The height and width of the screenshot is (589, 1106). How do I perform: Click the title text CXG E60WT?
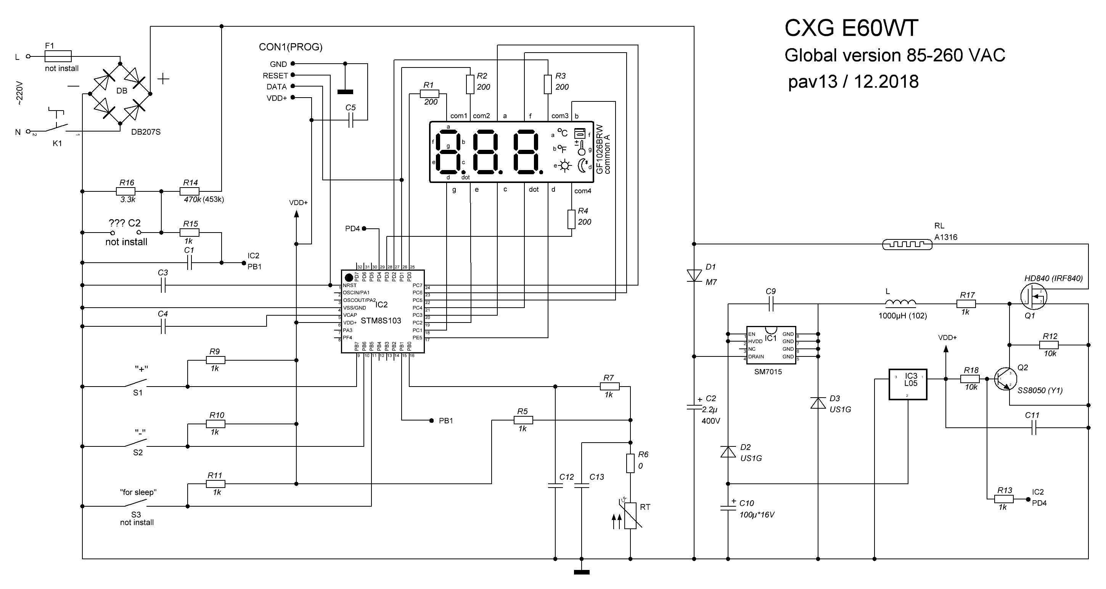tap(851, 29)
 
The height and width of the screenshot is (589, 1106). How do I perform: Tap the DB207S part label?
tap(146, 132)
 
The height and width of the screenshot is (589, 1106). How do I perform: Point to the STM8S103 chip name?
tap(381, 321)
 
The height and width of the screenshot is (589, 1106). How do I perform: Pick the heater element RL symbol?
tap(907, 245)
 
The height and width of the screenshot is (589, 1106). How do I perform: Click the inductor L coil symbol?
tap(901, 303)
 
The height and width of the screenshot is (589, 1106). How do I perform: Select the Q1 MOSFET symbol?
tap(1034, 296)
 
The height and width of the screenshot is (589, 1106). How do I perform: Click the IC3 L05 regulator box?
tap(908, 384)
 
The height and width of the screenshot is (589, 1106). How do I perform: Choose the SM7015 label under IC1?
tap(768, 372)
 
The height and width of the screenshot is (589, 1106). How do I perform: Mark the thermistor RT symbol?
tap(630, 515)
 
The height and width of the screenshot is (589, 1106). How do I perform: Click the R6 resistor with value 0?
tap(630, 463)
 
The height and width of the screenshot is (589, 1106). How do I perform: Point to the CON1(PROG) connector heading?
tap(291, 47)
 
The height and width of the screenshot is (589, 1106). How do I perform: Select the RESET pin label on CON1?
tap(275, 75)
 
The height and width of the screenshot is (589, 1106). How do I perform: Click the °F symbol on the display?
tap(562, 149)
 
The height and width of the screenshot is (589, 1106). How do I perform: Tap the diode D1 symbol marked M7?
tap(694, 275)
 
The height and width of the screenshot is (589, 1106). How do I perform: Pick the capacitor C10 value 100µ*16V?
tap(757, 515)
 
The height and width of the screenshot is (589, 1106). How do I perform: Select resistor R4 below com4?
tap(571, 219)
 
